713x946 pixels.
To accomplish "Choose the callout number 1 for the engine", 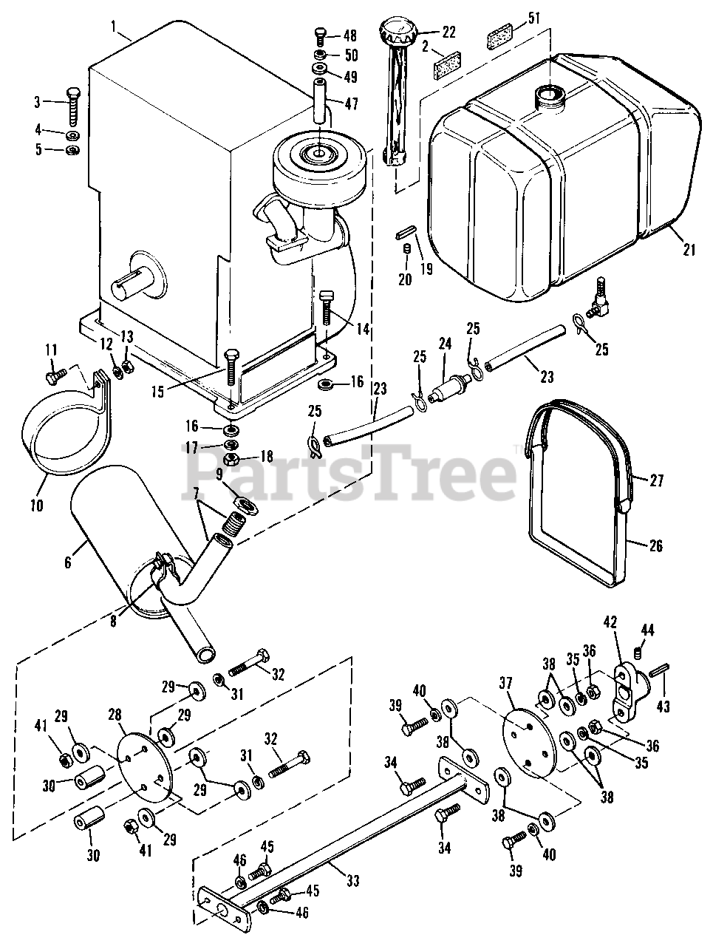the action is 115,27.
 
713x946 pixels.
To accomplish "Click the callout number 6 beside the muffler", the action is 68,562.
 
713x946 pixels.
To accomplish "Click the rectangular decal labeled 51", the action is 499,37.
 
